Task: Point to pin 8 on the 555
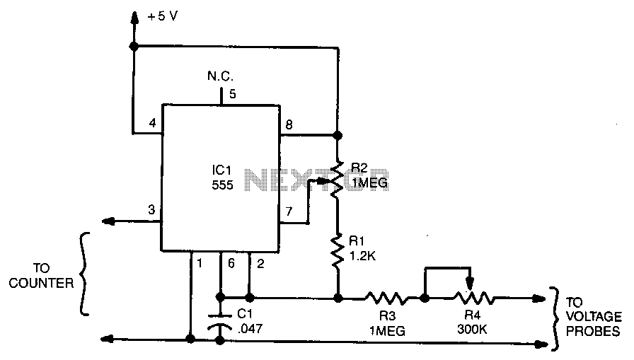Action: (x=288, y=125)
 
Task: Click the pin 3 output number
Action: (x=151, y=210)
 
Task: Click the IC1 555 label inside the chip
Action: (x=221, y=176)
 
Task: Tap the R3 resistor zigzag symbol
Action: (x=385, y=298)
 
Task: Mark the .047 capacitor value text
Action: (x=248, y=328)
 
